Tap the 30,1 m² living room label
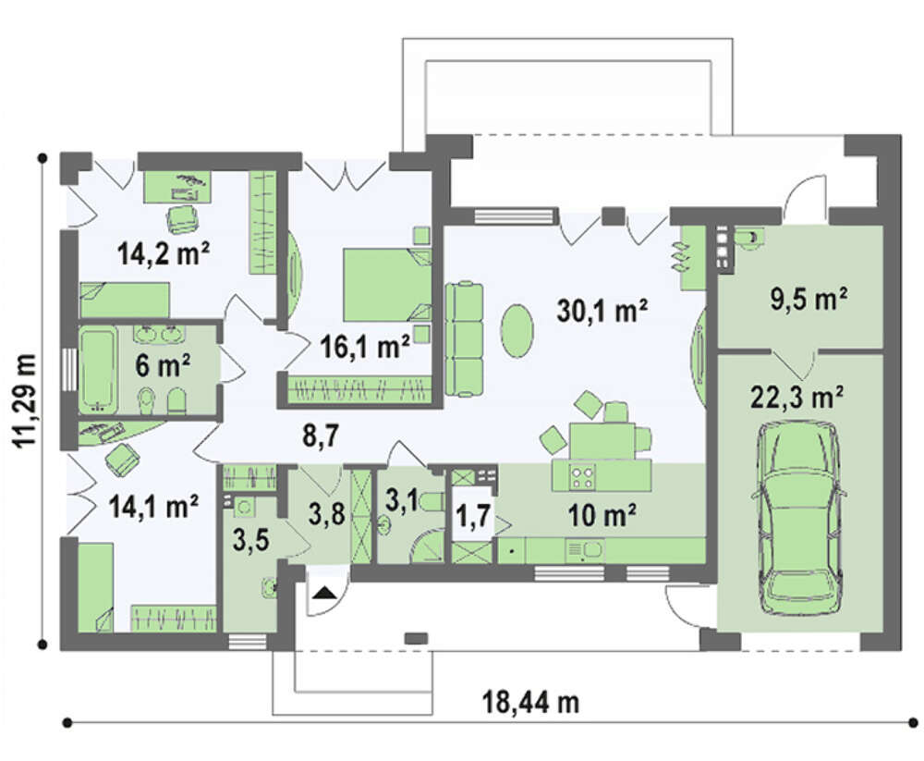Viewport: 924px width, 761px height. pos(602,311)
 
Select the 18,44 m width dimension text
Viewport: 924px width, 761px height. pos(531,703)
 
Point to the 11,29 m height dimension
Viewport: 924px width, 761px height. pos(25,400)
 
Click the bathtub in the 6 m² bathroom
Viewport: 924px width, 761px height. pos(98,370)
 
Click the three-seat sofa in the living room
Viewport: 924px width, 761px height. pos(464,339)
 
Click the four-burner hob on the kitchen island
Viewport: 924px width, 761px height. pos(581,476)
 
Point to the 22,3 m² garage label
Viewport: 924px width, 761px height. pos(796,399)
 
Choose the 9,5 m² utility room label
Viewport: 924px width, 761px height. pos(809,299)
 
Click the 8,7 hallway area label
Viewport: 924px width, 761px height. pos(320,437)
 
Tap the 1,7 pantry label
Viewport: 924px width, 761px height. pos(472,516)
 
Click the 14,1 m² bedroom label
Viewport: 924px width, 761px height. pos(153,507)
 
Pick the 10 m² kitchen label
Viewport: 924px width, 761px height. pos(602,516)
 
